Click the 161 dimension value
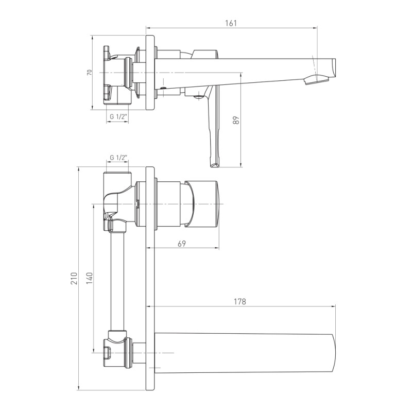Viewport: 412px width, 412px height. tap(231, 23)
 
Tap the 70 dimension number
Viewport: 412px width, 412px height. tap(90, 73)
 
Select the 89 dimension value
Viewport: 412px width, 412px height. tap(236, 120)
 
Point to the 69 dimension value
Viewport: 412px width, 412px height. tap(182, 244)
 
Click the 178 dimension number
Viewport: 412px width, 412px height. tap(240, 301)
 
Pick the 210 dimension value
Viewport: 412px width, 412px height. tap(74, 278)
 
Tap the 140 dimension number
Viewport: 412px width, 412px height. tap(90, 278)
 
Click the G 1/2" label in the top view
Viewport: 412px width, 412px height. tap(118, 117)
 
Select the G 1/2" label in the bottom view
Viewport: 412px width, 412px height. tap(118, 158)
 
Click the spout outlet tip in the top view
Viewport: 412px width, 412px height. tap(317, 80)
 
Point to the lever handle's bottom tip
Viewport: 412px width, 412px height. tap(214, 165)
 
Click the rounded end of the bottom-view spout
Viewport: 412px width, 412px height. tap(334, 353)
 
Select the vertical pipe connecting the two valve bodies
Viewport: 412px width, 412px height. tap(117, 281)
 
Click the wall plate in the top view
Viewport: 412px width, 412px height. tap(150, 73)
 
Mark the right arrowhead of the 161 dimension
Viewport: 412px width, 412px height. tap(315, 27)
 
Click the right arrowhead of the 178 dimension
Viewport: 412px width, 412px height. tap(334, 306)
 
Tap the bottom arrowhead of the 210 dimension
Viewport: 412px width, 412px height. tap(79, 388)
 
